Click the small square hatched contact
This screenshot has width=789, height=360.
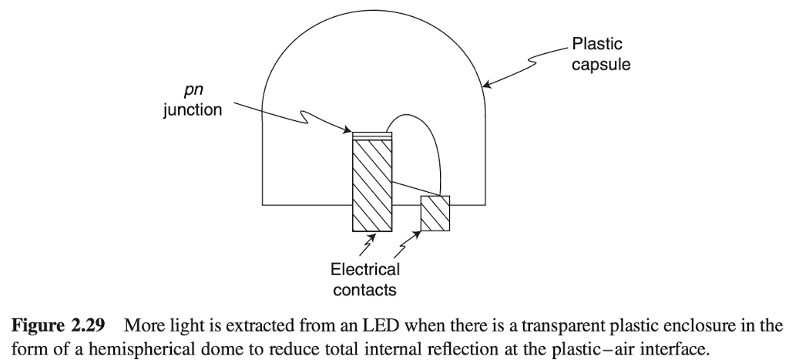pyautogui.click(x=435, y=214)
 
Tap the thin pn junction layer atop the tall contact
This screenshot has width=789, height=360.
pyautogui.click(x=372, y=135)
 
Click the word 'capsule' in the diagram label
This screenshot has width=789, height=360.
pyautogui.click(x=600, y=65)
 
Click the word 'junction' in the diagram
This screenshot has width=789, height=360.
pyautogui.click(x=193, y=110)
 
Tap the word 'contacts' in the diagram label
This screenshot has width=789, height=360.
pyautogui.click(x=364, y=290)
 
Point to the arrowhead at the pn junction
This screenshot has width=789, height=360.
pyautogui.click(x=347, y=130)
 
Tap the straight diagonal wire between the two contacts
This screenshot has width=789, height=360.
pyautogui.click(x=416, y=188)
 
